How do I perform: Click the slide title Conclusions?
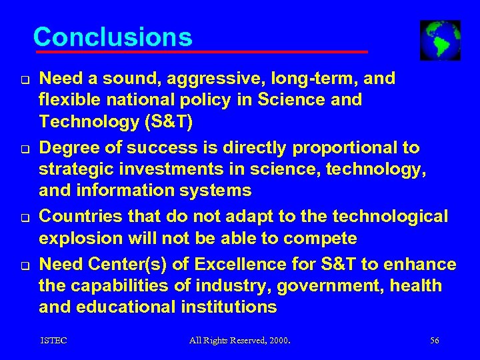click(113, 37)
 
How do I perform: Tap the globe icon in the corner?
click(440, 40)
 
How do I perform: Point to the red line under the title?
click(201, 51)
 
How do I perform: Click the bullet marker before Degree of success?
click(23, 149)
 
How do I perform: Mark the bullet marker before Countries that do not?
click(23, 218)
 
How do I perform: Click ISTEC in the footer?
click(53, 341)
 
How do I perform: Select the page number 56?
click(435, 341)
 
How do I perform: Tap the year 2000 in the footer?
click(278, 341)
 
